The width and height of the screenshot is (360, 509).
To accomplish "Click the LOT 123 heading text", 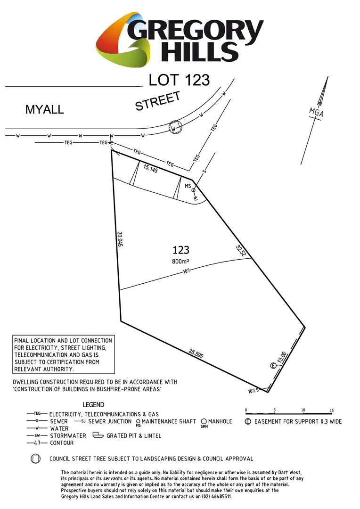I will click(179, 80).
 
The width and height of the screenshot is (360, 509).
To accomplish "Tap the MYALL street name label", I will click(44, 110).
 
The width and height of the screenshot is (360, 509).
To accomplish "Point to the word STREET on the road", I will click(158, 101).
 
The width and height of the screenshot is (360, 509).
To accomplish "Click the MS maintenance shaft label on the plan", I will click(188, 186).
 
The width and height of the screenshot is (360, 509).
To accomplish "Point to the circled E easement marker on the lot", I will click(272, 366).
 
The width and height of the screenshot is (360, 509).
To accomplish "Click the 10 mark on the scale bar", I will click(303, 410).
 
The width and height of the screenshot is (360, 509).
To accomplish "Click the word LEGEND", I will click(93, 405).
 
